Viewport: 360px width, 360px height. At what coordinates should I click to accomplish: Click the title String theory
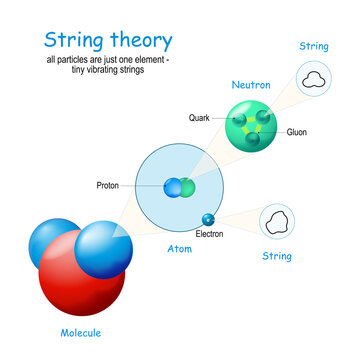107,41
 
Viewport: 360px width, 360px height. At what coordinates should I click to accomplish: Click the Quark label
199,117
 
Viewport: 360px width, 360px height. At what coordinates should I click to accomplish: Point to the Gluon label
297,132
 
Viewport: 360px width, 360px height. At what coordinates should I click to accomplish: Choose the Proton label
109,186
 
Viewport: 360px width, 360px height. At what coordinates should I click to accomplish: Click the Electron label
210,234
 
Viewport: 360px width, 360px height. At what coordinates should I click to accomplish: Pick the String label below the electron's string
276,257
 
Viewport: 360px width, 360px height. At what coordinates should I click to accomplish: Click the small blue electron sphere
208,219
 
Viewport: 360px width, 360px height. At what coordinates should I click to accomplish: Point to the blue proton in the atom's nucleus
174,187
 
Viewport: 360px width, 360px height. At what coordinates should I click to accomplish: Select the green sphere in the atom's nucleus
187,187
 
